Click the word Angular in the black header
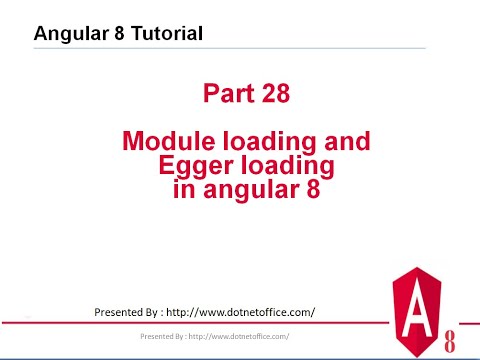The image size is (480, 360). coord(70,34)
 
